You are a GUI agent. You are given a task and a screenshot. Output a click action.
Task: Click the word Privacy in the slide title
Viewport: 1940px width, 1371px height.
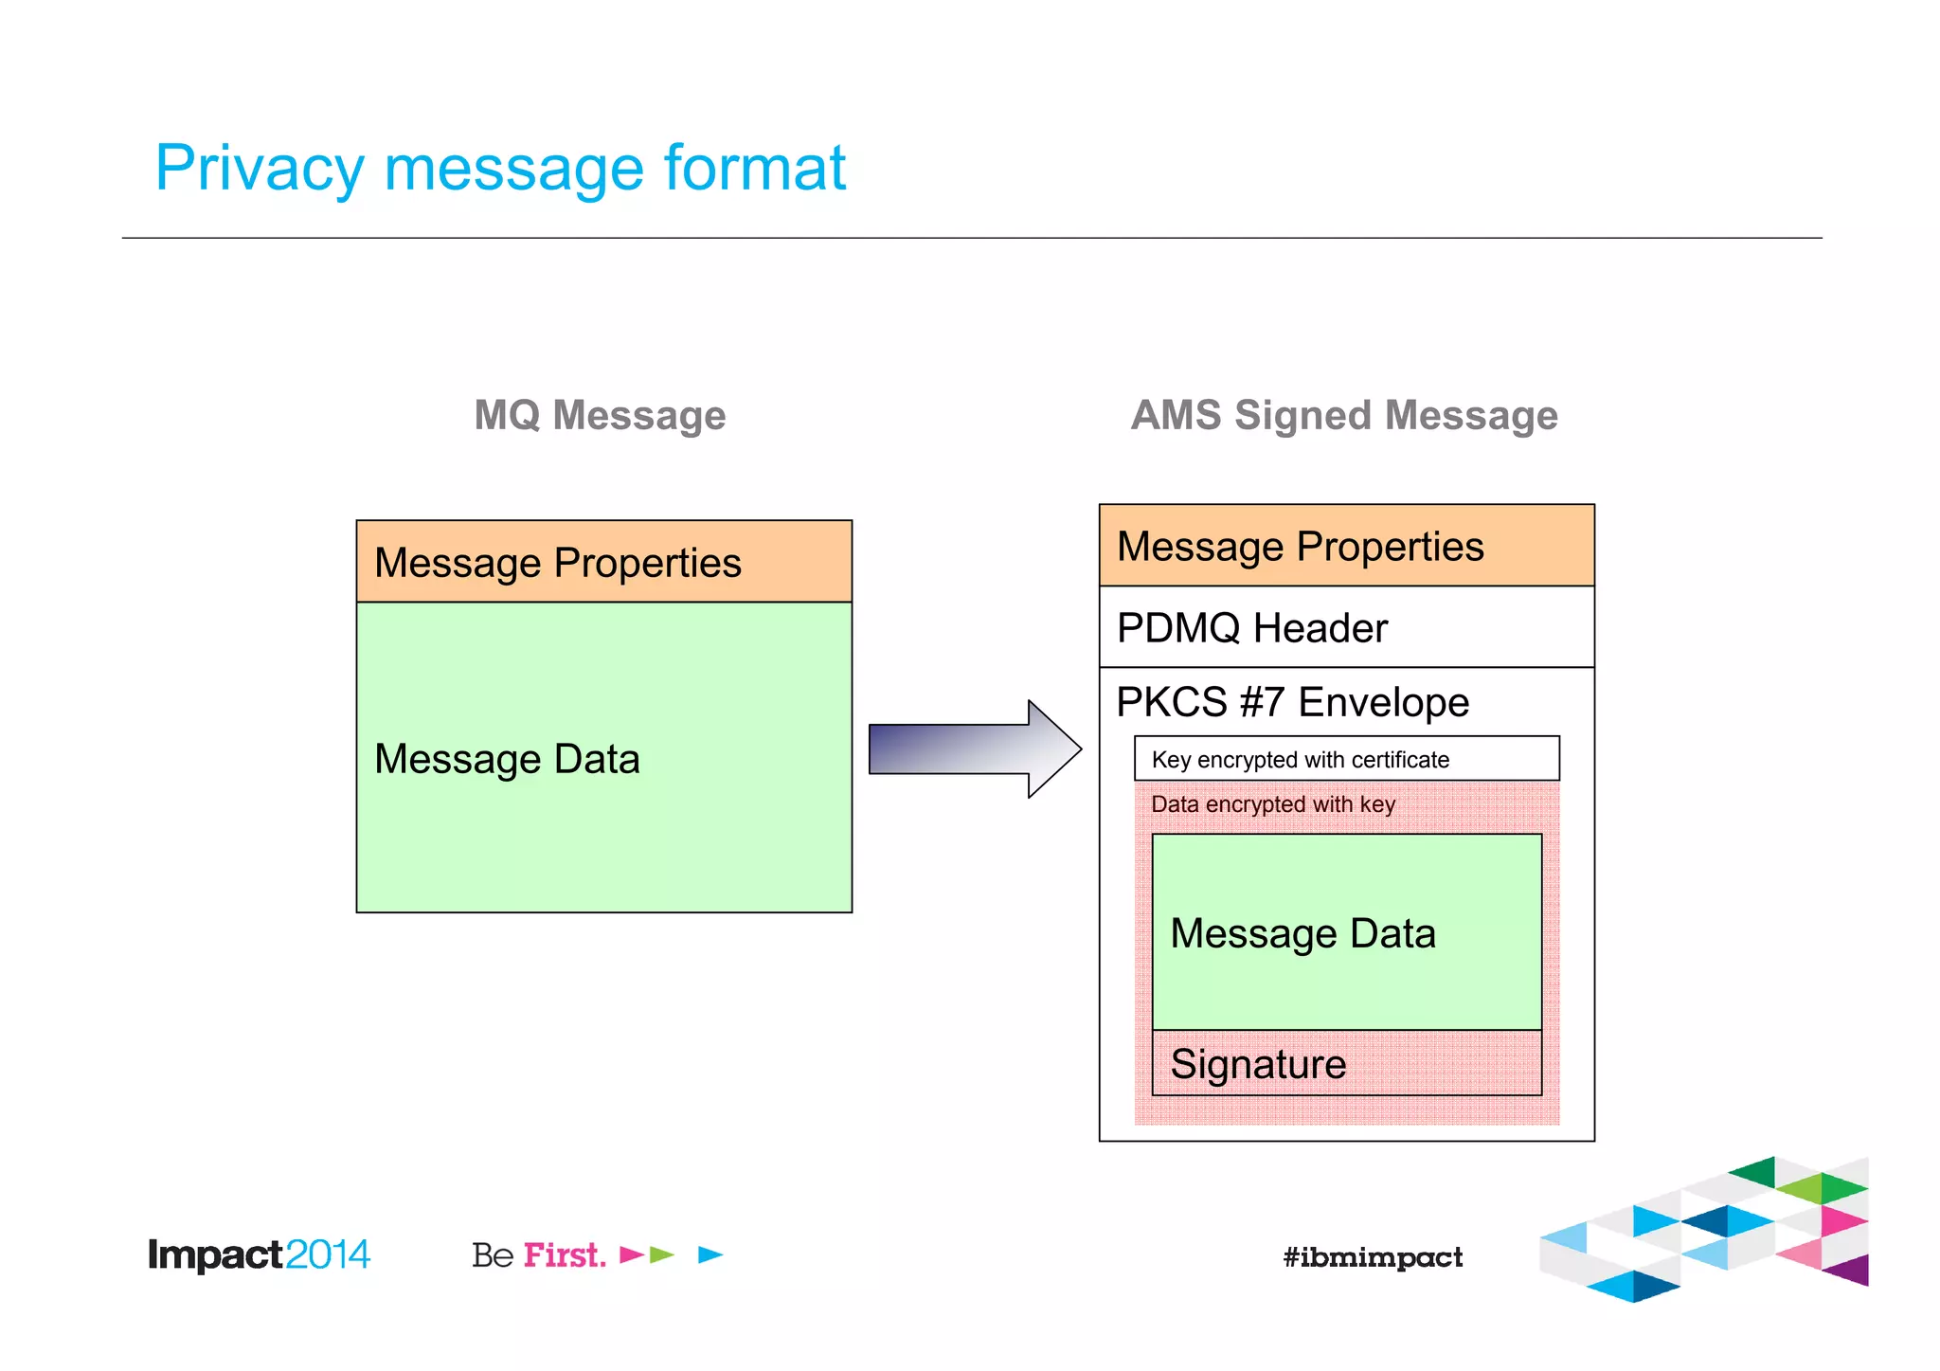[x=259, y=169]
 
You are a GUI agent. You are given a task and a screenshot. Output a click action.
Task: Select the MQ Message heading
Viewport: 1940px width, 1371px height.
[x=600, y=415]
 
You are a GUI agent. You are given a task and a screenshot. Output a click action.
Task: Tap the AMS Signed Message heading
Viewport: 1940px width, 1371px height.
[x=1343, y=415]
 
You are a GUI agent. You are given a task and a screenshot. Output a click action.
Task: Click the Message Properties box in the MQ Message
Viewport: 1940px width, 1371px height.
[x=603, y=562]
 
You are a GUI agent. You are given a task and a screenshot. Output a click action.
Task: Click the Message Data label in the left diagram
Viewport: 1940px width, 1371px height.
[x=507, y=759]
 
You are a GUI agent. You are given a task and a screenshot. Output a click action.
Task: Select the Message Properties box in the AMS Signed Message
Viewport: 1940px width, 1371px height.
[x=1345, y=546]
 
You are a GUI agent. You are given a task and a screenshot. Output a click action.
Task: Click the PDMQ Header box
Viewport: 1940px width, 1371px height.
[x=1345, y=627]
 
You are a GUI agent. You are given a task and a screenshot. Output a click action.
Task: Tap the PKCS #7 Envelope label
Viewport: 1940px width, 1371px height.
[x=1292, y=702]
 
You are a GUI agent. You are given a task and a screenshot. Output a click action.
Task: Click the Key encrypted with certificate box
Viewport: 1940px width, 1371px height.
[x=1345, y=759]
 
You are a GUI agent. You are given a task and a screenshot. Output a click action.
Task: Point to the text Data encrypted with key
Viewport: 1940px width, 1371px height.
[x=1272, y=804]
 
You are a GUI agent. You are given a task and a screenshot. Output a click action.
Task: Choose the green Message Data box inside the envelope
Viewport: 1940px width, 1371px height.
[x=1345, y=932]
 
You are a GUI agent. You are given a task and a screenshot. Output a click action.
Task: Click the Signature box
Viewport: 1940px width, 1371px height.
[x=1345, y=1063]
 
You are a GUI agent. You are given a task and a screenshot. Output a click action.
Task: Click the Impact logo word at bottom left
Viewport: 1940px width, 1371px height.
[x=215, y=1254]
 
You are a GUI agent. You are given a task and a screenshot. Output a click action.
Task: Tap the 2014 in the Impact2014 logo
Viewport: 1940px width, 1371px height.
[x=327, y=1254]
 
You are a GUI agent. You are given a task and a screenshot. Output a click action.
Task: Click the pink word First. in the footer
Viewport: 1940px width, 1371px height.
[x=565, y=1254]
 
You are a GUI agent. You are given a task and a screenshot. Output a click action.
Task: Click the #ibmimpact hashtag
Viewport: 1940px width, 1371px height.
[x=1372, y=1257]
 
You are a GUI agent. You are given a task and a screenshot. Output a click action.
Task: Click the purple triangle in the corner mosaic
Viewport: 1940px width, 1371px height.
[x=1852, y=1270]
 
